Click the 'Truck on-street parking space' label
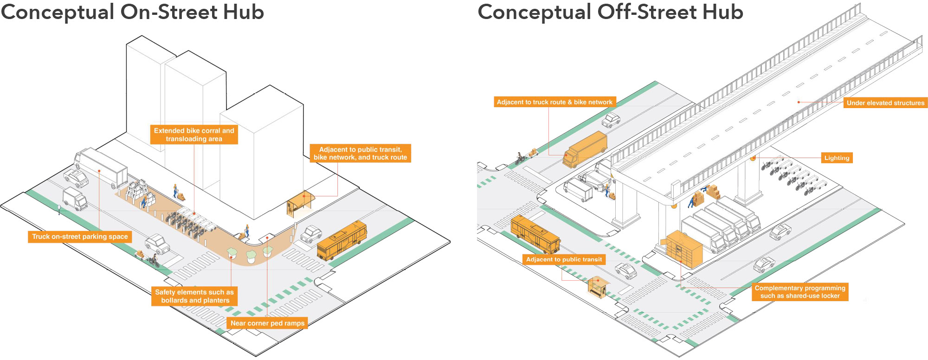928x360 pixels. (80, 237)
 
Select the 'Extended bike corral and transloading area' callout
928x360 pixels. (194, 135)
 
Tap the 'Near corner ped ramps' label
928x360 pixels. (267, 323)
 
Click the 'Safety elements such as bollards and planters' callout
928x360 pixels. (194, 296)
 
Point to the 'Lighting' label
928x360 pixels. (837, 158)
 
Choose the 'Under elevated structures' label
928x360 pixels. (885, 103)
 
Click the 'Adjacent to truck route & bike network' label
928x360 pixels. (554, 102)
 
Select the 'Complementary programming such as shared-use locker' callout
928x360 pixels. (800, 292)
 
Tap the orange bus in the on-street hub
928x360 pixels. (342, 240)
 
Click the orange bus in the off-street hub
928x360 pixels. (535, 234)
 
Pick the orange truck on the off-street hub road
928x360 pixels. (585, 149)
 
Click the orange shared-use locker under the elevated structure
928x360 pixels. (684, 250)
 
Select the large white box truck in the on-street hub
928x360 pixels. (101, 167)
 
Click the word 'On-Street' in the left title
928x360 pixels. (169, 12)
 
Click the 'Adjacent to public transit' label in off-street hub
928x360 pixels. (564, 259)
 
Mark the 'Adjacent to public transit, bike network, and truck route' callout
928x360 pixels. (360, 153)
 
